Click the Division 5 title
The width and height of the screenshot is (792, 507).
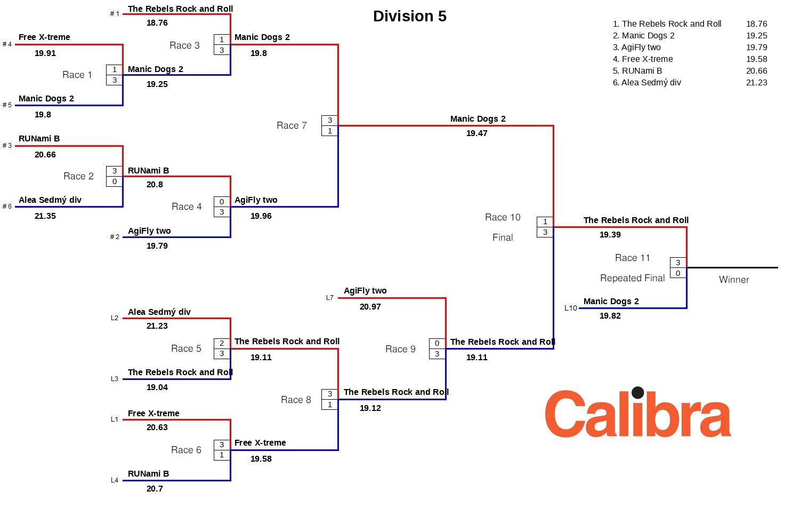pos(409,16)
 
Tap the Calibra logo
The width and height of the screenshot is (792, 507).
pos(637,413)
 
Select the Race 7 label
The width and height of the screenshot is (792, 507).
pos(292,125)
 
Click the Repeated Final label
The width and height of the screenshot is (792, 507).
pos(632,278)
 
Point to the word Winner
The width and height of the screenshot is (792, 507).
pos(734,280)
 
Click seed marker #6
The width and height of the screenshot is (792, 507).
pos(7,207)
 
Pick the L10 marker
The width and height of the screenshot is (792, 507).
pos(570,308)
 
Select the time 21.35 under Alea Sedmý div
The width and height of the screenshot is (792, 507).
pos(45,216)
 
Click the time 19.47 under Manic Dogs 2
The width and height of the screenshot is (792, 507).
pos(476,133)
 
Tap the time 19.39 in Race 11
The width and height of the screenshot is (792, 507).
pos(610,235)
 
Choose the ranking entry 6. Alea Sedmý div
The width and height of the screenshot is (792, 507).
pos(646,83)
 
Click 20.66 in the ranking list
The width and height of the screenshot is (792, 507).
pos(756,71)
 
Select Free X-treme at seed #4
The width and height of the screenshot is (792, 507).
pos(44,37)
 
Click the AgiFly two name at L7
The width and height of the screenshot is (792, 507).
pos(365,291)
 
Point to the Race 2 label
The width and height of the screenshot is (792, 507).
pos(78,176)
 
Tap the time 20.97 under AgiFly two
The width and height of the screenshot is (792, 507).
pos(370,307)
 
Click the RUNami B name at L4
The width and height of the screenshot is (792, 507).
pos(148,474)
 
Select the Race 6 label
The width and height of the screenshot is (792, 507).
pos(186,450)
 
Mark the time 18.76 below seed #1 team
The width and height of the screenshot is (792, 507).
pos(157,23)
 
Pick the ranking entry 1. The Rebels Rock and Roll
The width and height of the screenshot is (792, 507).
pos(667,24)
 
